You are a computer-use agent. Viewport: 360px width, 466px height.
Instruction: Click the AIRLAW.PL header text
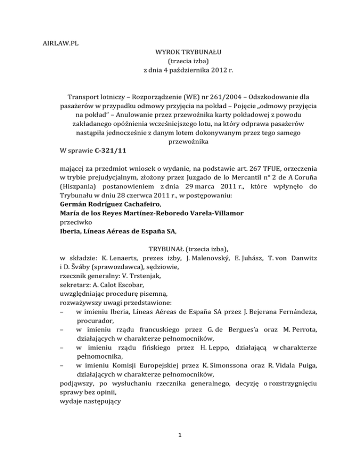click(58, 43)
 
